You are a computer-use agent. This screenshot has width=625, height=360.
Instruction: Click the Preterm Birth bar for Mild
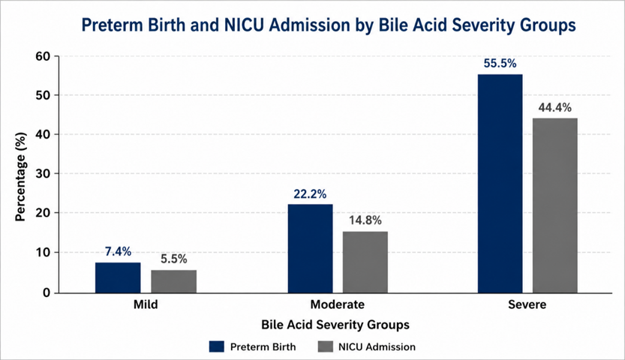click(x=118, y=277)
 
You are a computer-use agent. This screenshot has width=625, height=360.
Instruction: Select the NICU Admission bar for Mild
click(x=174, y=281)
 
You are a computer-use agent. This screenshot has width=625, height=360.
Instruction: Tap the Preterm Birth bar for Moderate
click(x=310, y=248)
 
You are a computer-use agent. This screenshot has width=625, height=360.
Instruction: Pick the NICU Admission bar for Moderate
click(x=365, y=262)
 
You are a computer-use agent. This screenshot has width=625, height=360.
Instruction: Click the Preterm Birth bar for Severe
click(x=500, y=184)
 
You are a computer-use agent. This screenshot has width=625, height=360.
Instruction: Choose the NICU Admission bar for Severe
click(x=555, y=205)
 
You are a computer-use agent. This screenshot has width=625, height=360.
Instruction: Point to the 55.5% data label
click(x=500, y=64)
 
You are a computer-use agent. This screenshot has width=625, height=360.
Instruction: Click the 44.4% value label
click(x=555, y=107)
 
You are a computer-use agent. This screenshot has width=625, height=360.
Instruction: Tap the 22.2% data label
click(x=310, y=194)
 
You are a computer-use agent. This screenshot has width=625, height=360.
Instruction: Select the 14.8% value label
click(x=365, y=220)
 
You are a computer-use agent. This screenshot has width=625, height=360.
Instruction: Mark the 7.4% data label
click(x=118, y=252)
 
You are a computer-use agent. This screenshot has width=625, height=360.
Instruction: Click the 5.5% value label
click(x=174, y=259)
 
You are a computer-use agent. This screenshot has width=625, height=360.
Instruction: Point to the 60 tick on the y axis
click(x=44, y=56)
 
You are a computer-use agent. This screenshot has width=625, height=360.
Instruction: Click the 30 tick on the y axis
click(x=44, y=174)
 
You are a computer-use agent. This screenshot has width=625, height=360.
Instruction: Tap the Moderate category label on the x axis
click(x=337, y=304)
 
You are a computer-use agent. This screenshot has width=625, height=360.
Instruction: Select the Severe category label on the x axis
click(x=527, y=304)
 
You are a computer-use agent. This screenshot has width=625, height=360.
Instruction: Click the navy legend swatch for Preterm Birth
click(x=216, y=346)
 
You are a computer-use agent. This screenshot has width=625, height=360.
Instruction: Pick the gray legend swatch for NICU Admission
click(x=326, y=346)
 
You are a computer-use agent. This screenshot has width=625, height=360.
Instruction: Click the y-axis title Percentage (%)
click(x=21, y=176)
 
